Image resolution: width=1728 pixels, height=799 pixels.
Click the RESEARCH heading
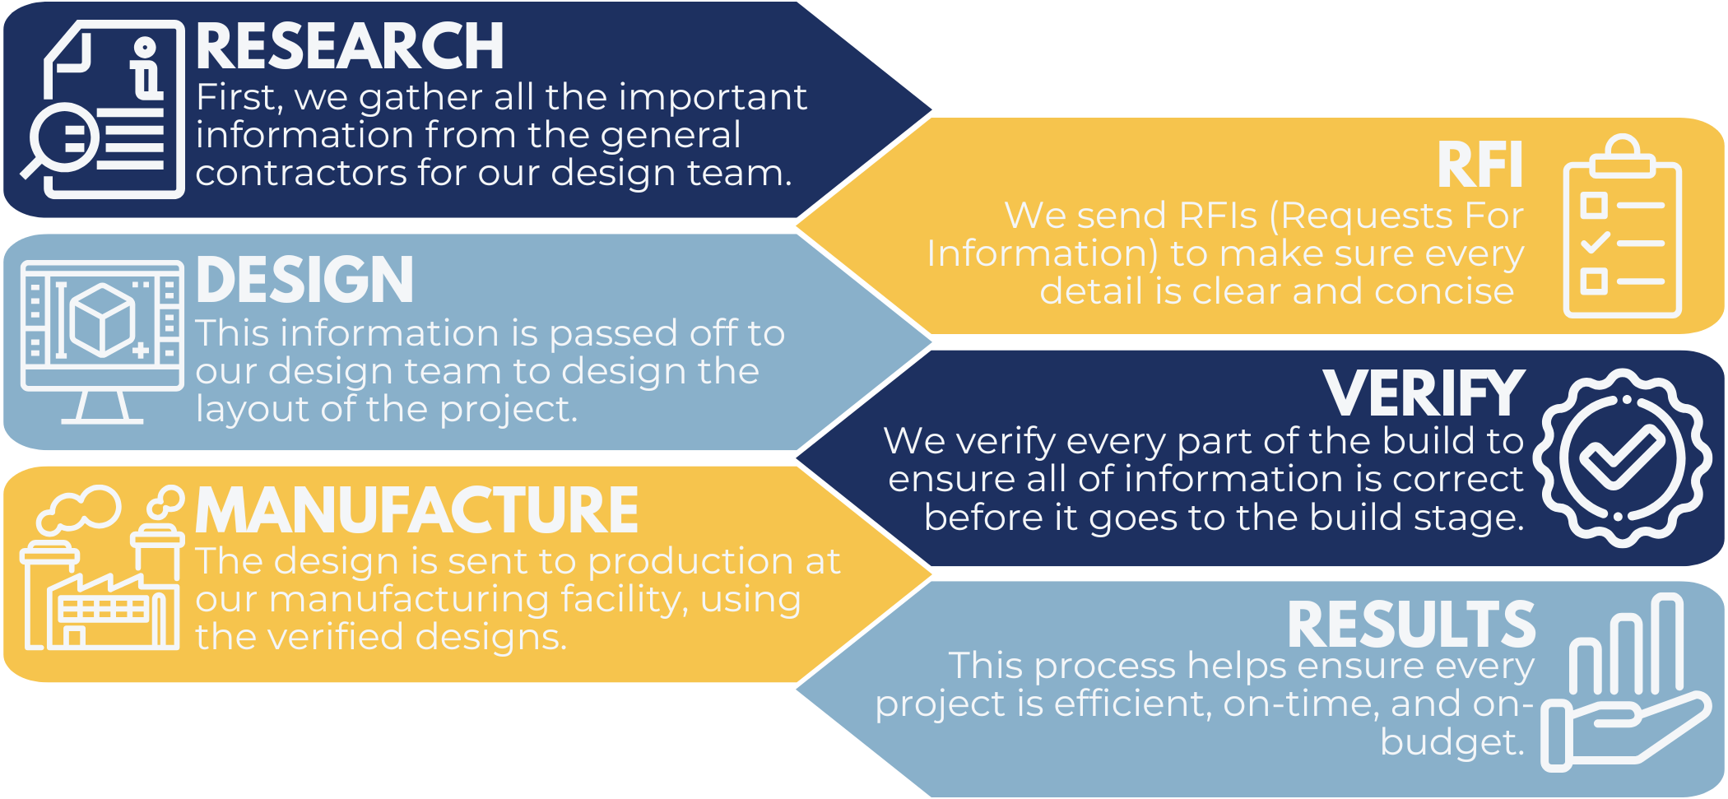coord(350,47)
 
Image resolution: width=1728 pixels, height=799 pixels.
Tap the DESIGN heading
coord(304,281)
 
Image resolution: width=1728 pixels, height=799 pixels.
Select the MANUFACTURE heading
coord(416,511)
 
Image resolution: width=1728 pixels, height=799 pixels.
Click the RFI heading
coord(1479,165)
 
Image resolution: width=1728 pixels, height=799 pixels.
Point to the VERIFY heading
coord(1424,394)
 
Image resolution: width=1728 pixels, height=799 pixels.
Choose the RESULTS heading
coord(1411,625)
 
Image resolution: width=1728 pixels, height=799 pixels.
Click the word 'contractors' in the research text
coord(301,174)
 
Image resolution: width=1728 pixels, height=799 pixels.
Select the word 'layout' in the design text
coord(250,409)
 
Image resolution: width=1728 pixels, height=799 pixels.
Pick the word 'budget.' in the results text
coord(1452,741)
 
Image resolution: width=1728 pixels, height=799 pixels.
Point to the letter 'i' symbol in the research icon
coord(146,69)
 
